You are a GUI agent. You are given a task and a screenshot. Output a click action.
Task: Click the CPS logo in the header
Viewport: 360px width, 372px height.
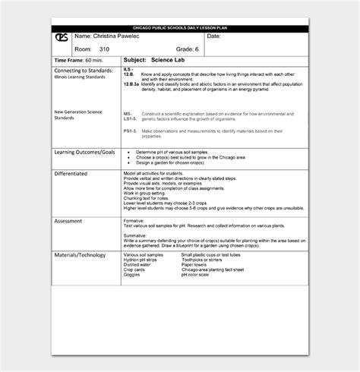click(x=62, y=39)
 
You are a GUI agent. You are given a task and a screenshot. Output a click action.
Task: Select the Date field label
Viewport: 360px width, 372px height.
click(x=213, y=36)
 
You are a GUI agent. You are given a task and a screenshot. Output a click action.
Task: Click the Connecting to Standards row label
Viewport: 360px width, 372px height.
click(x=84, y=70)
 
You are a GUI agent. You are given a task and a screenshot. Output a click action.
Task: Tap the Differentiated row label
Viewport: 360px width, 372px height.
click(x=74, y=173)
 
